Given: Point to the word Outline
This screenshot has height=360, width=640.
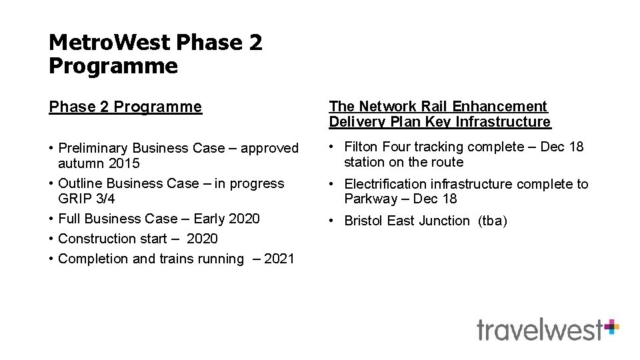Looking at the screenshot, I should [x=80, y=183].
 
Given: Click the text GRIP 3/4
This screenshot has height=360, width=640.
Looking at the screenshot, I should [x=87, y=199].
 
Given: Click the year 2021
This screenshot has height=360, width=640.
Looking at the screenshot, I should [x=279, y=259].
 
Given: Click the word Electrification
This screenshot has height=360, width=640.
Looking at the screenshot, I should [x=386, y=184].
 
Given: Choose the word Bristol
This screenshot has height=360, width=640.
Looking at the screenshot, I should [x=364, y=221].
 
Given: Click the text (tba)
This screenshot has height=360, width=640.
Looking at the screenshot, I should [x=492, y=221].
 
